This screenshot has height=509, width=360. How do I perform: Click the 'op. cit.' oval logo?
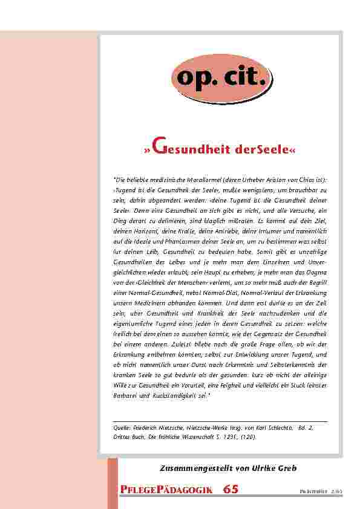[221, 77]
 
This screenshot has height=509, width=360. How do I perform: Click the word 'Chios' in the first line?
[308, 180]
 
